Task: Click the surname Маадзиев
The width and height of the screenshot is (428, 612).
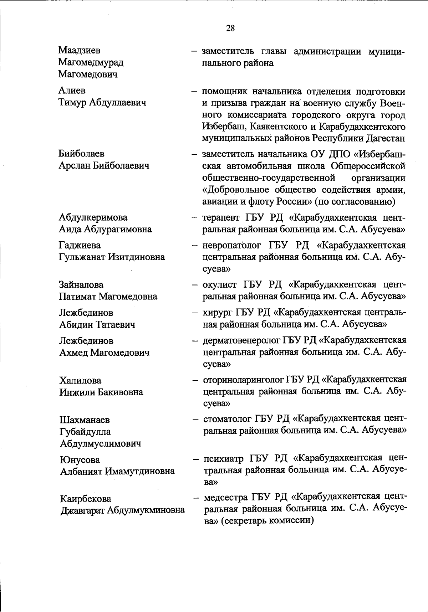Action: (79, 51)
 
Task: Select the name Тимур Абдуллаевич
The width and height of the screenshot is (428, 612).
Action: (102, 103)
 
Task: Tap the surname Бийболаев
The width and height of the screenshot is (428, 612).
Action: (81, 154)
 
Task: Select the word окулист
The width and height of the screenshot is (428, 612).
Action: (219, 285)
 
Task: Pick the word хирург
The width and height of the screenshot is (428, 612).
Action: (217, 313)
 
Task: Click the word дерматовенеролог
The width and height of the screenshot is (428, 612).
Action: (241, 341)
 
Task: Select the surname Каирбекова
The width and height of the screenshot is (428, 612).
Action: (86, 498)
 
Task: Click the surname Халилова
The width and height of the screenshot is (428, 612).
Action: (80, 381)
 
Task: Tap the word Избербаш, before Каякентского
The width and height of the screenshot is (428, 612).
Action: (223, 127)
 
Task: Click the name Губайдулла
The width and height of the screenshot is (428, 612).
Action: (85, 432)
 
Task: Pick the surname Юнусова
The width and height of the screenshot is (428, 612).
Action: (80, 460)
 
